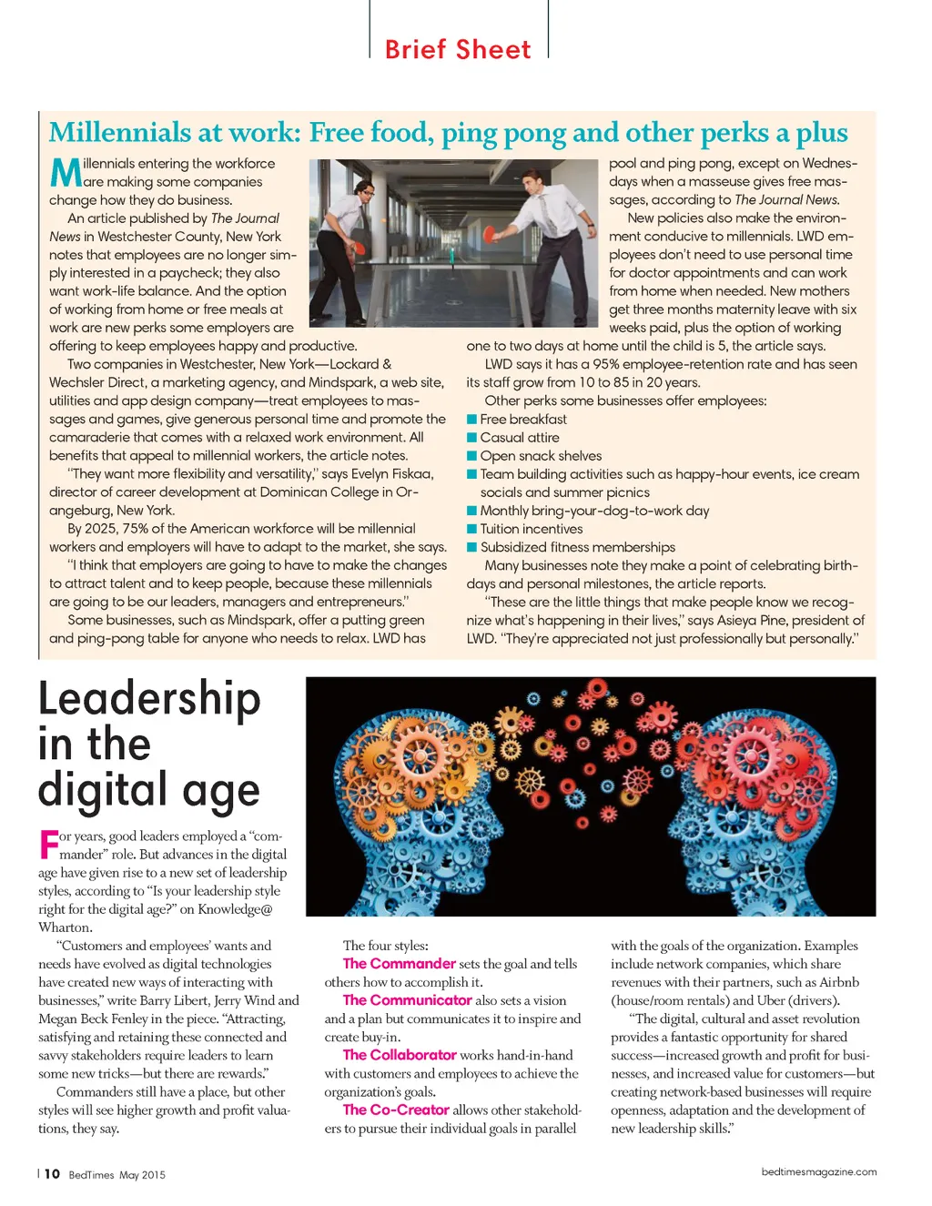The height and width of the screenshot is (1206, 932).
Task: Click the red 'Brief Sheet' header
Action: (x=458, y=49)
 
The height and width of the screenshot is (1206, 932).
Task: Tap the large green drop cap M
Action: (x=66, y=172)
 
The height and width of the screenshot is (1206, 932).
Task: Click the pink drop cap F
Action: (x=49, y=844)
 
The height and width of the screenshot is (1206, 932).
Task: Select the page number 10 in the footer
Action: (x=52, y=1174)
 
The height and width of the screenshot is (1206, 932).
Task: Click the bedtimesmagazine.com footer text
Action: (x=818, y=1171)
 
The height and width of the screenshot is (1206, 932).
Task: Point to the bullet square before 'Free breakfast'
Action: (x=472, y=420)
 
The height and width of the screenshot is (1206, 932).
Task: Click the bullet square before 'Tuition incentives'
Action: (x=472, y=529)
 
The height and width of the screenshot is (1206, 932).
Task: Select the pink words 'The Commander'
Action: (x=399, y=963)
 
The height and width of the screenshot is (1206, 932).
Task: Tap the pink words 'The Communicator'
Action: (x=407, y=999)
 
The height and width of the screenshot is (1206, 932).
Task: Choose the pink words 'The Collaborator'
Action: (x=399, y=1054)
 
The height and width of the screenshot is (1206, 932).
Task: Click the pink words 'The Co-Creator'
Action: (x=396, y=1110)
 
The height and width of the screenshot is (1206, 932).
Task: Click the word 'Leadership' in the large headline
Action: (x=149, y=699)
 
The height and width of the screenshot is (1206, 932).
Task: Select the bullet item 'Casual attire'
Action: (x=519, y=438)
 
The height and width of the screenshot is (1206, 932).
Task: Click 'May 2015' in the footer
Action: (x=142, y=1175)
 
